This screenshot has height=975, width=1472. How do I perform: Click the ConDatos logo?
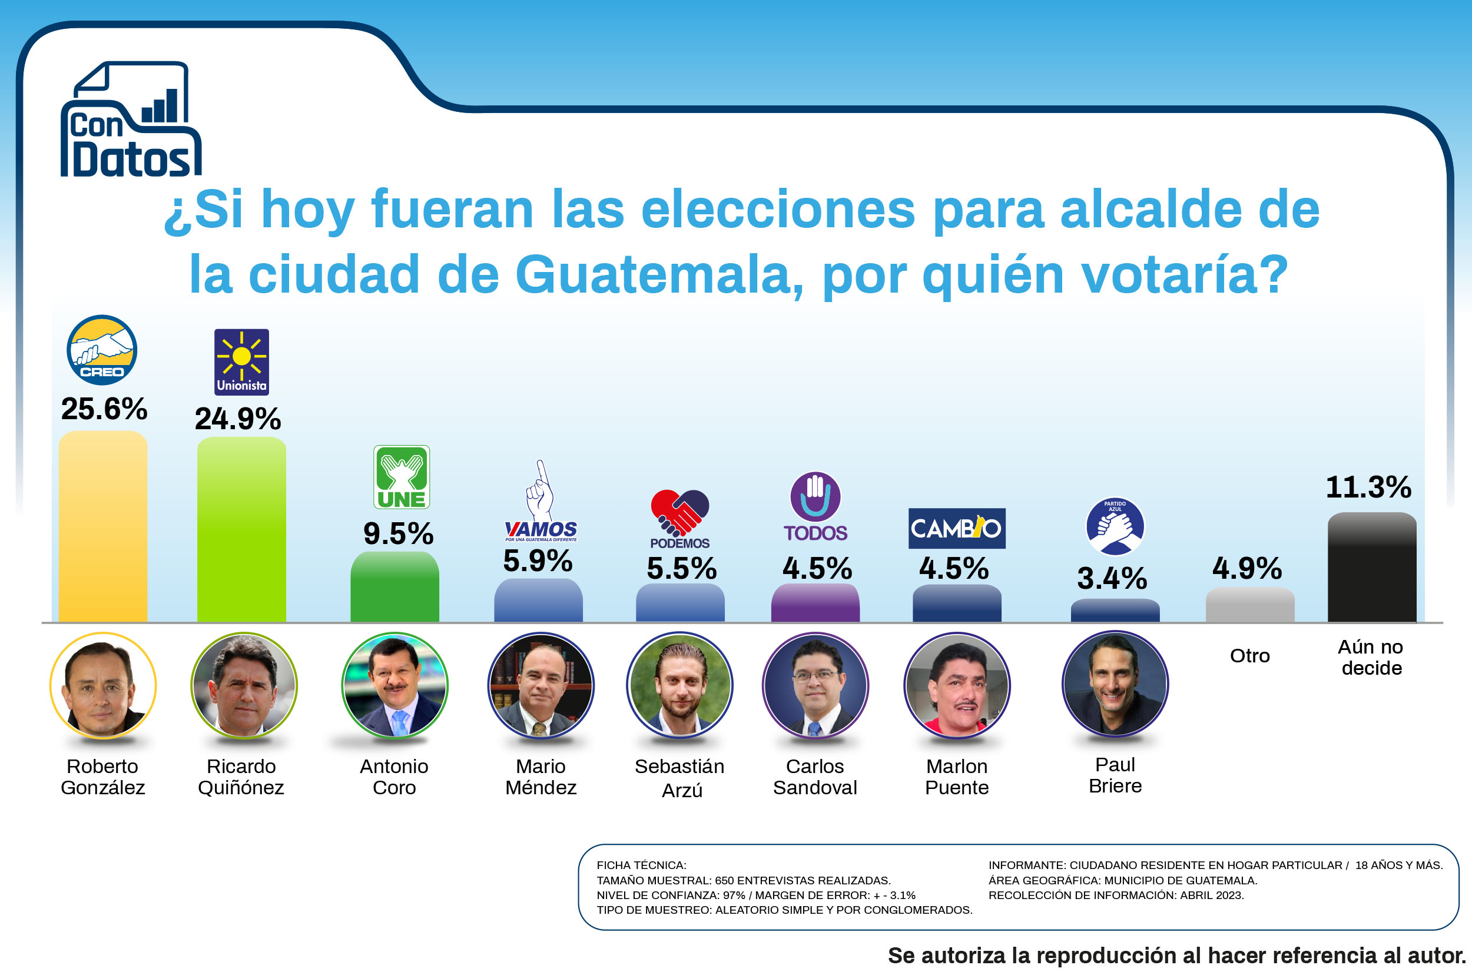(131, 119)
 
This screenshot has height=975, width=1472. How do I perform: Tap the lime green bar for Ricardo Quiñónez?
(241, 529)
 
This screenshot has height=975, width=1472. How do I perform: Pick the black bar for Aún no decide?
(1372, 567)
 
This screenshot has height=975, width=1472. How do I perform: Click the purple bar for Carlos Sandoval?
(815, 602)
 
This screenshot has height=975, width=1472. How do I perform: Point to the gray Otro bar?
(1250, 605)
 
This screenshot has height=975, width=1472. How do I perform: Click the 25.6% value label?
(104, 409)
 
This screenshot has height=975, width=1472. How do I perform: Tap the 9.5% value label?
(398, 533)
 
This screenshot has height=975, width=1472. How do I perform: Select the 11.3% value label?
(1369, 487)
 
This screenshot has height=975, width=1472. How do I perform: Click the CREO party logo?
(102, 350)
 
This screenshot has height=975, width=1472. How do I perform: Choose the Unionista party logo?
(241, 362)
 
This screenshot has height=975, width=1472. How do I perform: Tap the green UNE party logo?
(401, 477)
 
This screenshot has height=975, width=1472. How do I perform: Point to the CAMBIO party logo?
(956, 529)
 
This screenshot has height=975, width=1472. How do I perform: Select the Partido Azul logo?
(1115, 526)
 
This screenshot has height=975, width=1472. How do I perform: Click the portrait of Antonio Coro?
(394, 685)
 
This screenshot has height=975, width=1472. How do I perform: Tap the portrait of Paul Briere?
(1115, 684)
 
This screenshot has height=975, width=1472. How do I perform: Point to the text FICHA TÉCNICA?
(641, 865)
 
